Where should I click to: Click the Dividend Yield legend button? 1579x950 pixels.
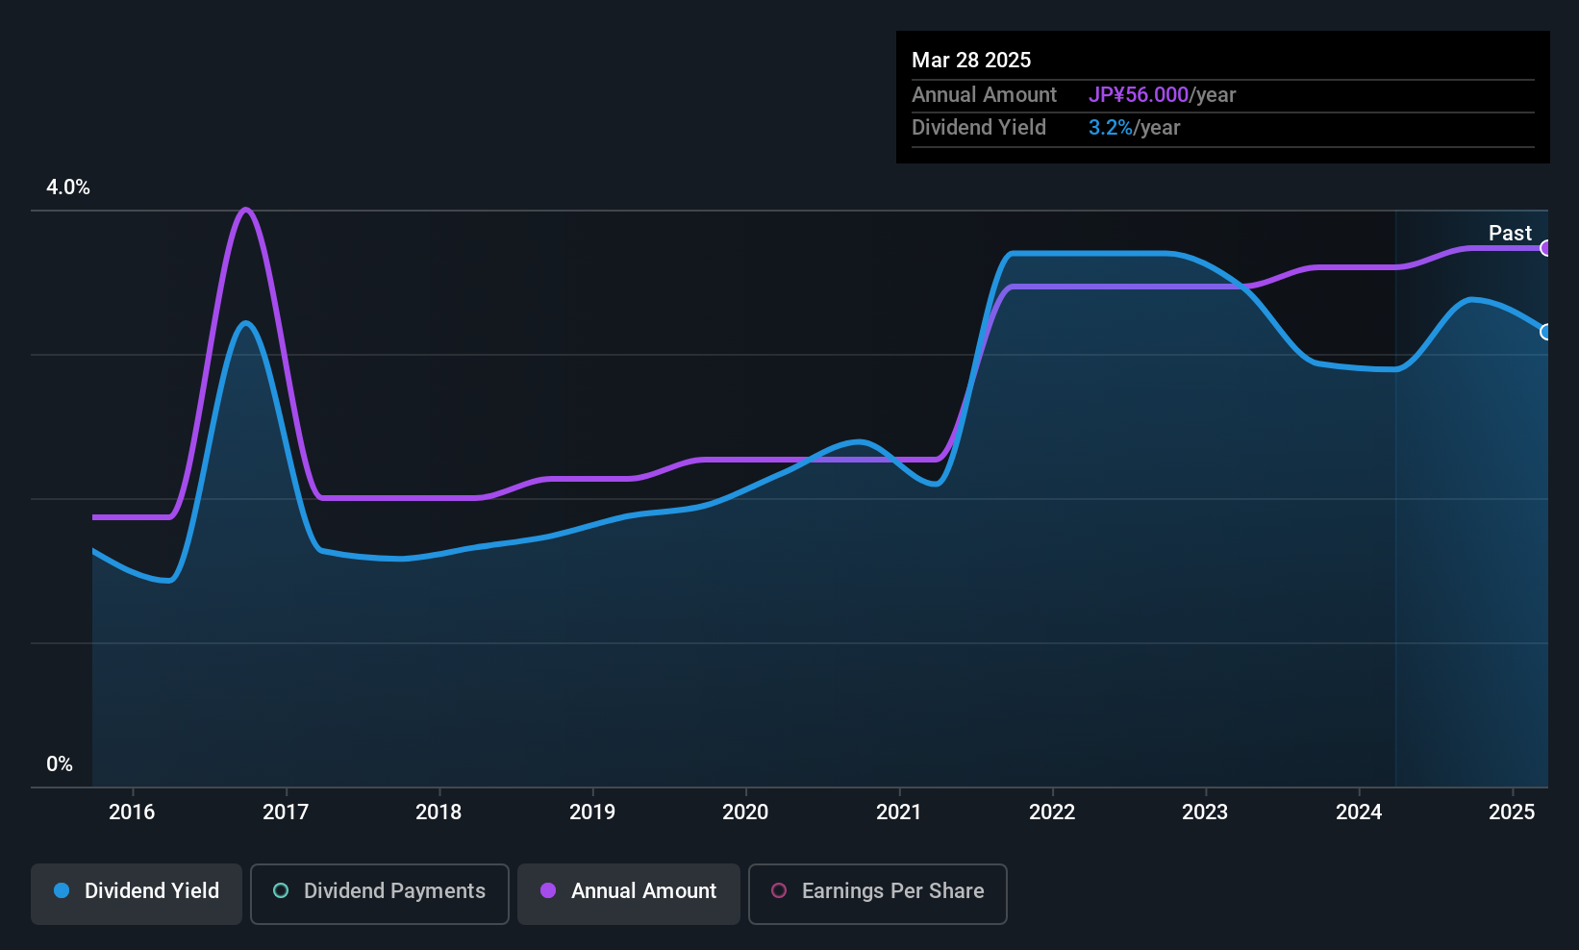coord(136,893)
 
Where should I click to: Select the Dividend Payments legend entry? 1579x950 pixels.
coord(379,893)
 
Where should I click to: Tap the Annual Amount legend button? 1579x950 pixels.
coord(629,893)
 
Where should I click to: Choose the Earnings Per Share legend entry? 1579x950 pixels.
coord(878,893)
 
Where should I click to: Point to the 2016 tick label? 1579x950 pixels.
coord(132,812)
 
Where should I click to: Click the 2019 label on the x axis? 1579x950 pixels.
coord(592,812)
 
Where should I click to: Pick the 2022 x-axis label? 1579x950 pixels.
coord(1052,812)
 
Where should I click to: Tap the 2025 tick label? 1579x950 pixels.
coord(1512,812)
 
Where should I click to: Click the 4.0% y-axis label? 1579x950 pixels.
coord(67,187)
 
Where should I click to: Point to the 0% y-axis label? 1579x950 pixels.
coord(60,764)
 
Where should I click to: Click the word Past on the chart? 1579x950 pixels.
coord(1510,233)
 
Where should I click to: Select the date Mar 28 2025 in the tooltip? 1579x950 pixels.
coord(970,60)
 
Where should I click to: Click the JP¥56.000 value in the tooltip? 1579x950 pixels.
coord(1138,94)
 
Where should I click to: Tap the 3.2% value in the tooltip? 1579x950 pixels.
coord(1111,128)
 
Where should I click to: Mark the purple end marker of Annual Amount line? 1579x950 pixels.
coord(1545,248)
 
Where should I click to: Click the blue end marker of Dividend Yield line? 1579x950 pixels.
coord(1545,331)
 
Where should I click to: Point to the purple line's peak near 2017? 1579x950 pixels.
coord(244,210)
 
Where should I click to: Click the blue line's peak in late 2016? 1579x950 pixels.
coord(245,323)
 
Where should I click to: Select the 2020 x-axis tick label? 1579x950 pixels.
coord(745,812)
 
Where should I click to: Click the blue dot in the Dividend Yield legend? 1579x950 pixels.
coord(63,890)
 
